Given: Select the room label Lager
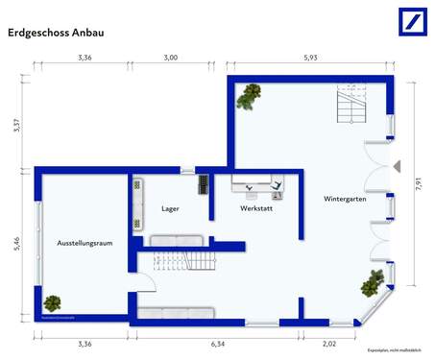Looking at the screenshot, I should pyautogui.click(x=170, y=207).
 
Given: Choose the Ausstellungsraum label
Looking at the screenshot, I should pyautogui.click(x=85, y=243).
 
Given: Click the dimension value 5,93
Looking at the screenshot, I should pyautogui.click(x=309, y=59).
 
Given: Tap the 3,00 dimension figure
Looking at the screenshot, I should pyautogui.click(x=170, y=59).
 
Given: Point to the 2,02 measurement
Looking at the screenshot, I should pyautogui.click(x=328, y=343).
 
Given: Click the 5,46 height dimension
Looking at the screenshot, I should pyautogui.click(x=17, y=244).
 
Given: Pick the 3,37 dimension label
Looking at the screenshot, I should pyautogui.click(x=17, y=126).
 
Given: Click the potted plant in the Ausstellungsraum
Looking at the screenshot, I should pyautogui.click(x=52, y=303).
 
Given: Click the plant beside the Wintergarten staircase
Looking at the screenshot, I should pyautogui.click(x=252, y=93).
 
